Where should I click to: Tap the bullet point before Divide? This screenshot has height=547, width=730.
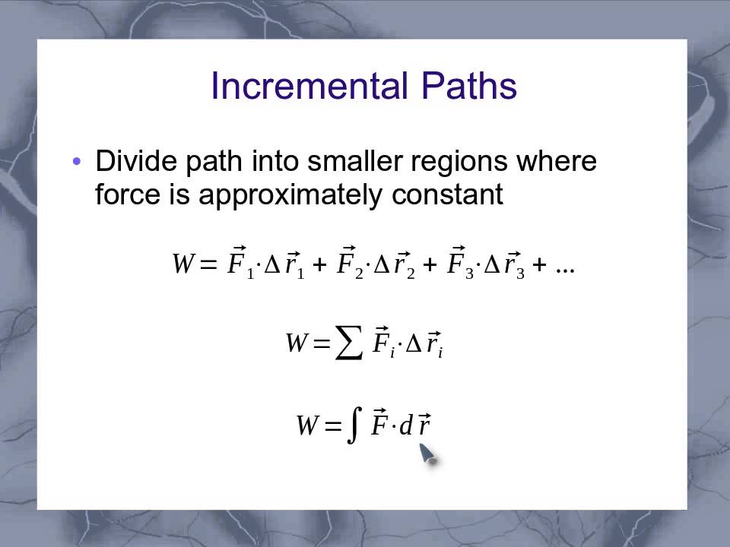pos(76,162)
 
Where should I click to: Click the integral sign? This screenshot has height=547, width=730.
pos(352,425)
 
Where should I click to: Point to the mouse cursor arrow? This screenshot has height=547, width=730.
pos(427,454)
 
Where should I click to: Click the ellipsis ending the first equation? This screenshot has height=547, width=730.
pos(564,267)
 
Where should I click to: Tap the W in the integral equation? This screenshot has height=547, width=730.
pos(306,426)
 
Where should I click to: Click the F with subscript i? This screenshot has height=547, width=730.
pos(381,343)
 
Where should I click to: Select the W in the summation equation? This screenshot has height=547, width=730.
pos(296,343)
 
